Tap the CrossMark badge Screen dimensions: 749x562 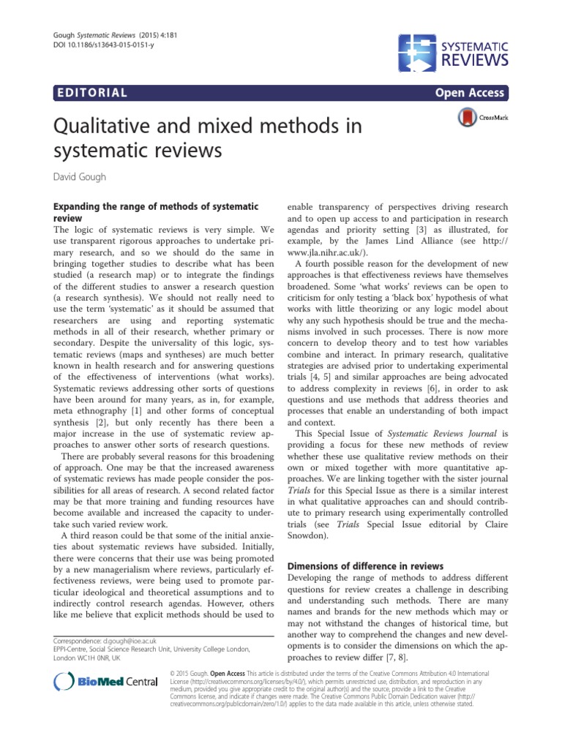(x=480, y=117)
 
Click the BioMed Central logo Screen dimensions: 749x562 (x=106, y=682)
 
